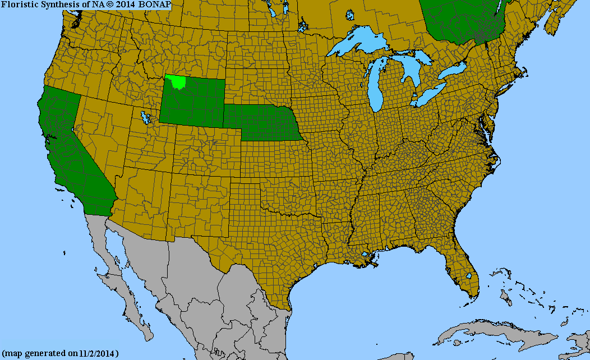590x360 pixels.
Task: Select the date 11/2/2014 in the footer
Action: pos(98,354)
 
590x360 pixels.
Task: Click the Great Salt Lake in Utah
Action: pos(146,118)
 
